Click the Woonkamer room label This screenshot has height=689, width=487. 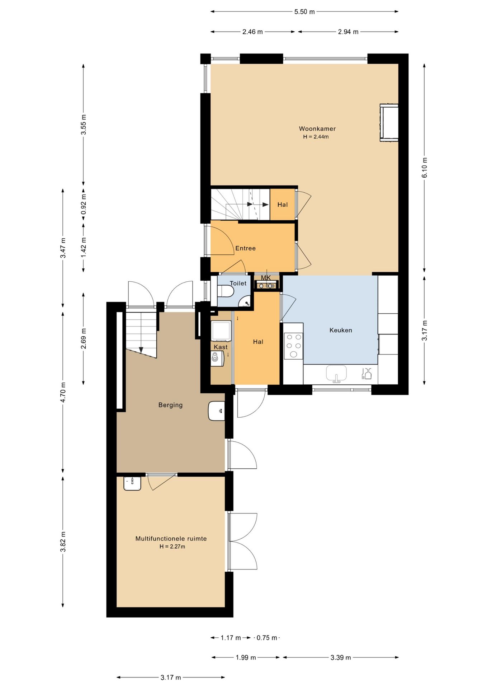tap(317, 128)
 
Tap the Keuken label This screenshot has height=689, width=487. tap(341, 330)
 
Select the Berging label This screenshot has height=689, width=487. tap(171, 405)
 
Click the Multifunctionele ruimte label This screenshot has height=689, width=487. tap(171, 539)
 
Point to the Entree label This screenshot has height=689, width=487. tap(246, 248)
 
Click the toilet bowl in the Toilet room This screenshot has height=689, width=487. tap(225, 291)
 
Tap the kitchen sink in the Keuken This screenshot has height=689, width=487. tap(336, 373)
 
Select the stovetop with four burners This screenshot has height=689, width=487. tap(294, 346)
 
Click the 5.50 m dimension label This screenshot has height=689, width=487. tap(304, 12)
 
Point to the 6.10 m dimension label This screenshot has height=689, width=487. tap(425, 168)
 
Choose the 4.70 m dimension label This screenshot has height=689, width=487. tap(63, 392)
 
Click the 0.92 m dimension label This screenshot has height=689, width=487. tap(84, 204)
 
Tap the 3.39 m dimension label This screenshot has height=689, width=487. tap(341, 657)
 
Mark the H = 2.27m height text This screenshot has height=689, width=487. tap(172, 547)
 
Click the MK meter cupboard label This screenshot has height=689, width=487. tap(266, 278)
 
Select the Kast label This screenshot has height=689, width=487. tap(221, 347)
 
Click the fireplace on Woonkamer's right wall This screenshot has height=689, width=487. tap(389, 123)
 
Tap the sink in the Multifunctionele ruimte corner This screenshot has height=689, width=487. tap(132, 483)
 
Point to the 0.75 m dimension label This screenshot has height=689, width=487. tap(267, 638)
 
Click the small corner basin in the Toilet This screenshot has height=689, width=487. tap(246, 302)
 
